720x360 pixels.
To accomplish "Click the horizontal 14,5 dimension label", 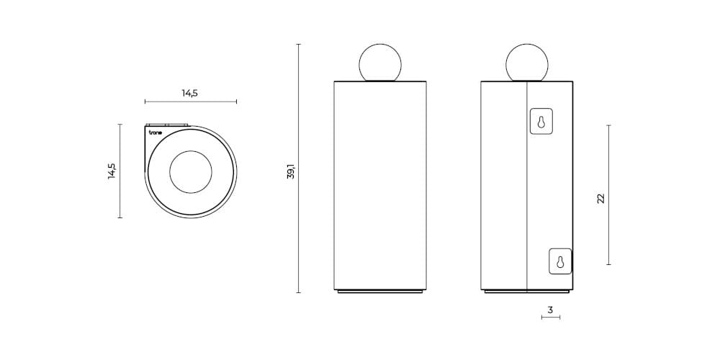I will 190,93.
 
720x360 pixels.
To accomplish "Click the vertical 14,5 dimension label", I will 112,171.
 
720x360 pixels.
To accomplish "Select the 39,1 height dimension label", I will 291,171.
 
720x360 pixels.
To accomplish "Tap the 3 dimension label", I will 550,310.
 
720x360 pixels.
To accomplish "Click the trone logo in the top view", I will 155,133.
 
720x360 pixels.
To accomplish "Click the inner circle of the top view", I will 191,171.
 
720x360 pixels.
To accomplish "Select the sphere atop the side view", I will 527,62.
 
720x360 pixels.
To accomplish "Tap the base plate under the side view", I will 527,292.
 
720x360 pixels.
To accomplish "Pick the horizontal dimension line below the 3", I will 550,318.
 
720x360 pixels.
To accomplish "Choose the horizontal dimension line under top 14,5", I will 190,102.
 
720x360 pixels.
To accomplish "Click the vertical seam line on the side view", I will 528,187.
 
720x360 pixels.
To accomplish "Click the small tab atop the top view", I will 166,124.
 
